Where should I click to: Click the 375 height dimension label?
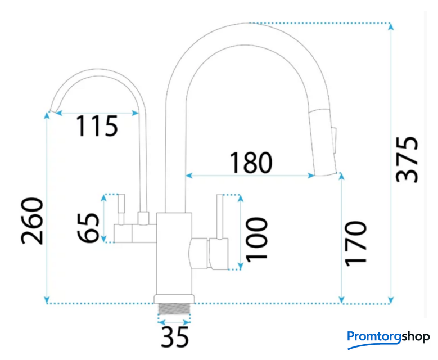pyautogui.click(x=407, y=159)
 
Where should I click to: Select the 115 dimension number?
pyautogui.click(x=97, y=126)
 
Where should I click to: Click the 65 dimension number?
pyautogui.click(x=89, y=220)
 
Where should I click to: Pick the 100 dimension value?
pyautogui.click(x=256, y=239)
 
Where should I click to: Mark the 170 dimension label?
pyautogui.click(x=355, y=243)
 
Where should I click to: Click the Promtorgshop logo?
pyautogui.click(x=388, y=336)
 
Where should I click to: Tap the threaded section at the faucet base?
pyautogui.click(x=174, y=310)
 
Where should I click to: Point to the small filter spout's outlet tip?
pyautogui.click(x=52, y=111)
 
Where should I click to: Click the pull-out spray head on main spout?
pyautogui.click(x=325, y=141)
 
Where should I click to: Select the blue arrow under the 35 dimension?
pyautogui.click(x=175, y=322)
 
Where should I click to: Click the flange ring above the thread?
pyautogui.click(x=175, y=298)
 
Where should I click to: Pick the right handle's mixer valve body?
pyautogui.click(x=209, y=253)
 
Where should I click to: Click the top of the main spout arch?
pyautogui.click(x=247, y=25)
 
